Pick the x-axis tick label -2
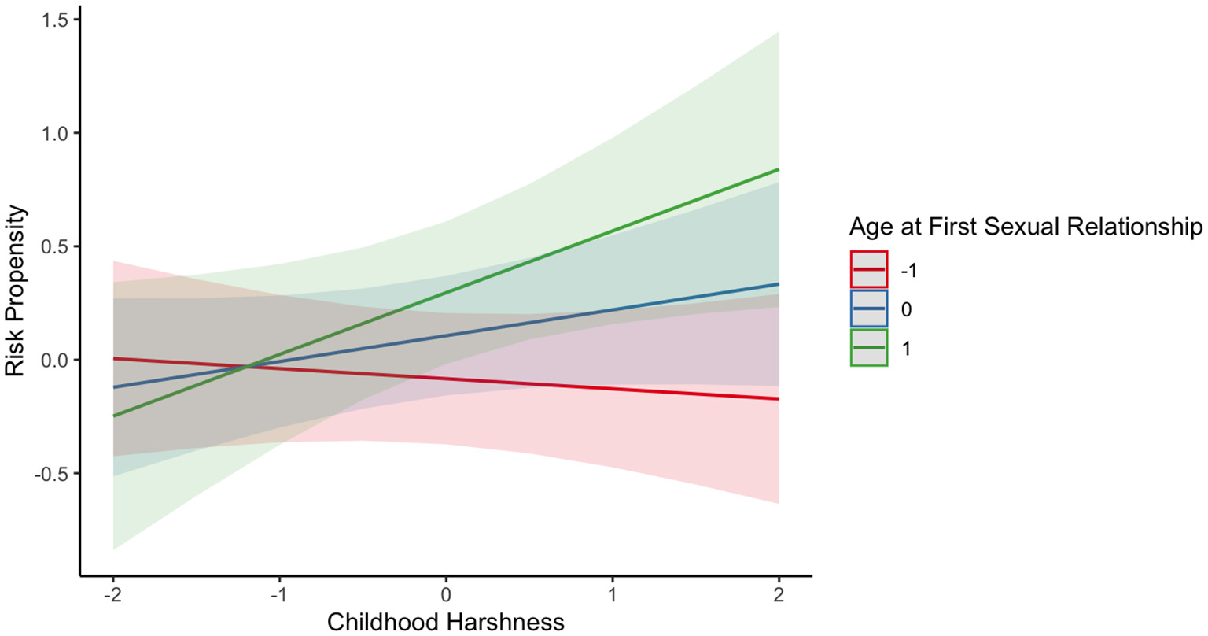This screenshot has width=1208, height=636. pos(112,595)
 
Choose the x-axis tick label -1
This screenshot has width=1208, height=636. pos(279,595)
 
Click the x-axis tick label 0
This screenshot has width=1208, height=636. pos(446,595)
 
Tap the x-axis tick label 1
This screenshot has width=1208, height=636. pos(613,595)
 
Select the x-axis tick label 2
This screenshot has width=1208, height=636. pos(779,595)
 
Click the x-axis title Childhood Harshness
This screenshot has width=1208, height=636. pos(446,622)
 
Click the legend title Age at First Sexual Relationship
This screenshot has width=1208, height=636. pos(1026,227)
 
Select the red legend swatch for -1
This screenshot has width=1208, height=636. pos(869,270)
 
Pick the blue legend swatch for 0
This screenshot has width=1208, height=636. pos(869,309)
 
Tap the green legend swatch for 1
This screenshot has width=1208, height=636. pos(869,347)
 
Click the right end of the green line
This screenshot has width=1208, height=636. pos(779,169)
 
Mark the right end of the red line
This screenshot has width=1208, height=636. pos(779,399)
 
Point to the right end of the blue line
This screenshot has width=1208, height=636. pos(779,284)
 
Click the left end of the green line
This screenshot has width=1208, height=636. pos(113,416)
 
